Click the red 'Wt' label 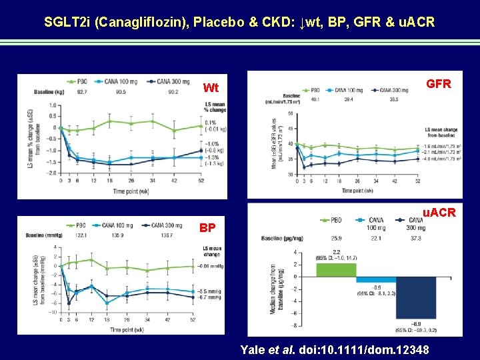[x=211, y=88]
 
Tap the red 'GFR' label [x=438, y=84]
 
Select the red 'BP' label [x=207, y=227]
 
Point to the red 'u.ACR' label [x=439, y=213]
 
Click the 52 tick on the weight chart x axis [x=200, y=181]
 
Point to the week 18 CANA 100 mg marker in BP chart [x=107, y=303]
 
